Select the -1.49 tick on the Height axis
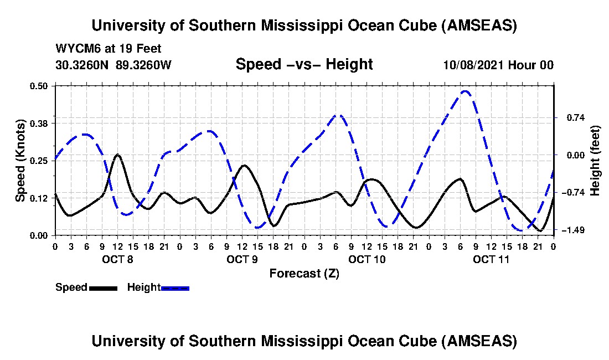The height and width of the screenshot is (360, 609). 570,230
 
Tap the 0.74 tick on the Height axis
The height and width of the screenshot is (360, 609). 570,117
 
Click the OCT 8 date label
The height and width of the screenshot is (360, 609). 117,259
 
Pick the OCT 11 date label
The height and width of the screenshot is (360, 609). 491,259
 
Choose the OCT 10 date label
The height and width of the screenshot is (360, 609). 367,259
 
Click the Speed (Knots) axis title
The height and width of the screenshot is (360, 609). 21,161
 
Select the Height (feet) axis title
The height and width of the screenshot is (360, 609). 596,161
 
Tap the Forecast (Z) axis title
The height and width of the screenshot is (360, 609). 304,274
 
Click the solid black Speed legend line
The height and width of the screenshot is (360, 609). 103,288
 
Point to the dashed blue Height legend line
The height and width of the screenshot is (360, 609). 175,288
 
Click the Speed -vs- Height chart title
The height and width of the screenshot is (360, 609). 304,64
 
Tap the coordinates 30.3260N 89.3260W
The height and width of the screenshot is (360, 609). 113,65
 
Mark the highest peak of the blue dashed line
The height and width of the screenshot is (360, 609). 466,91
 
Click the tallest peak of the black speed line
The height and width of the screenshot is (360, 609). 117,155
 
